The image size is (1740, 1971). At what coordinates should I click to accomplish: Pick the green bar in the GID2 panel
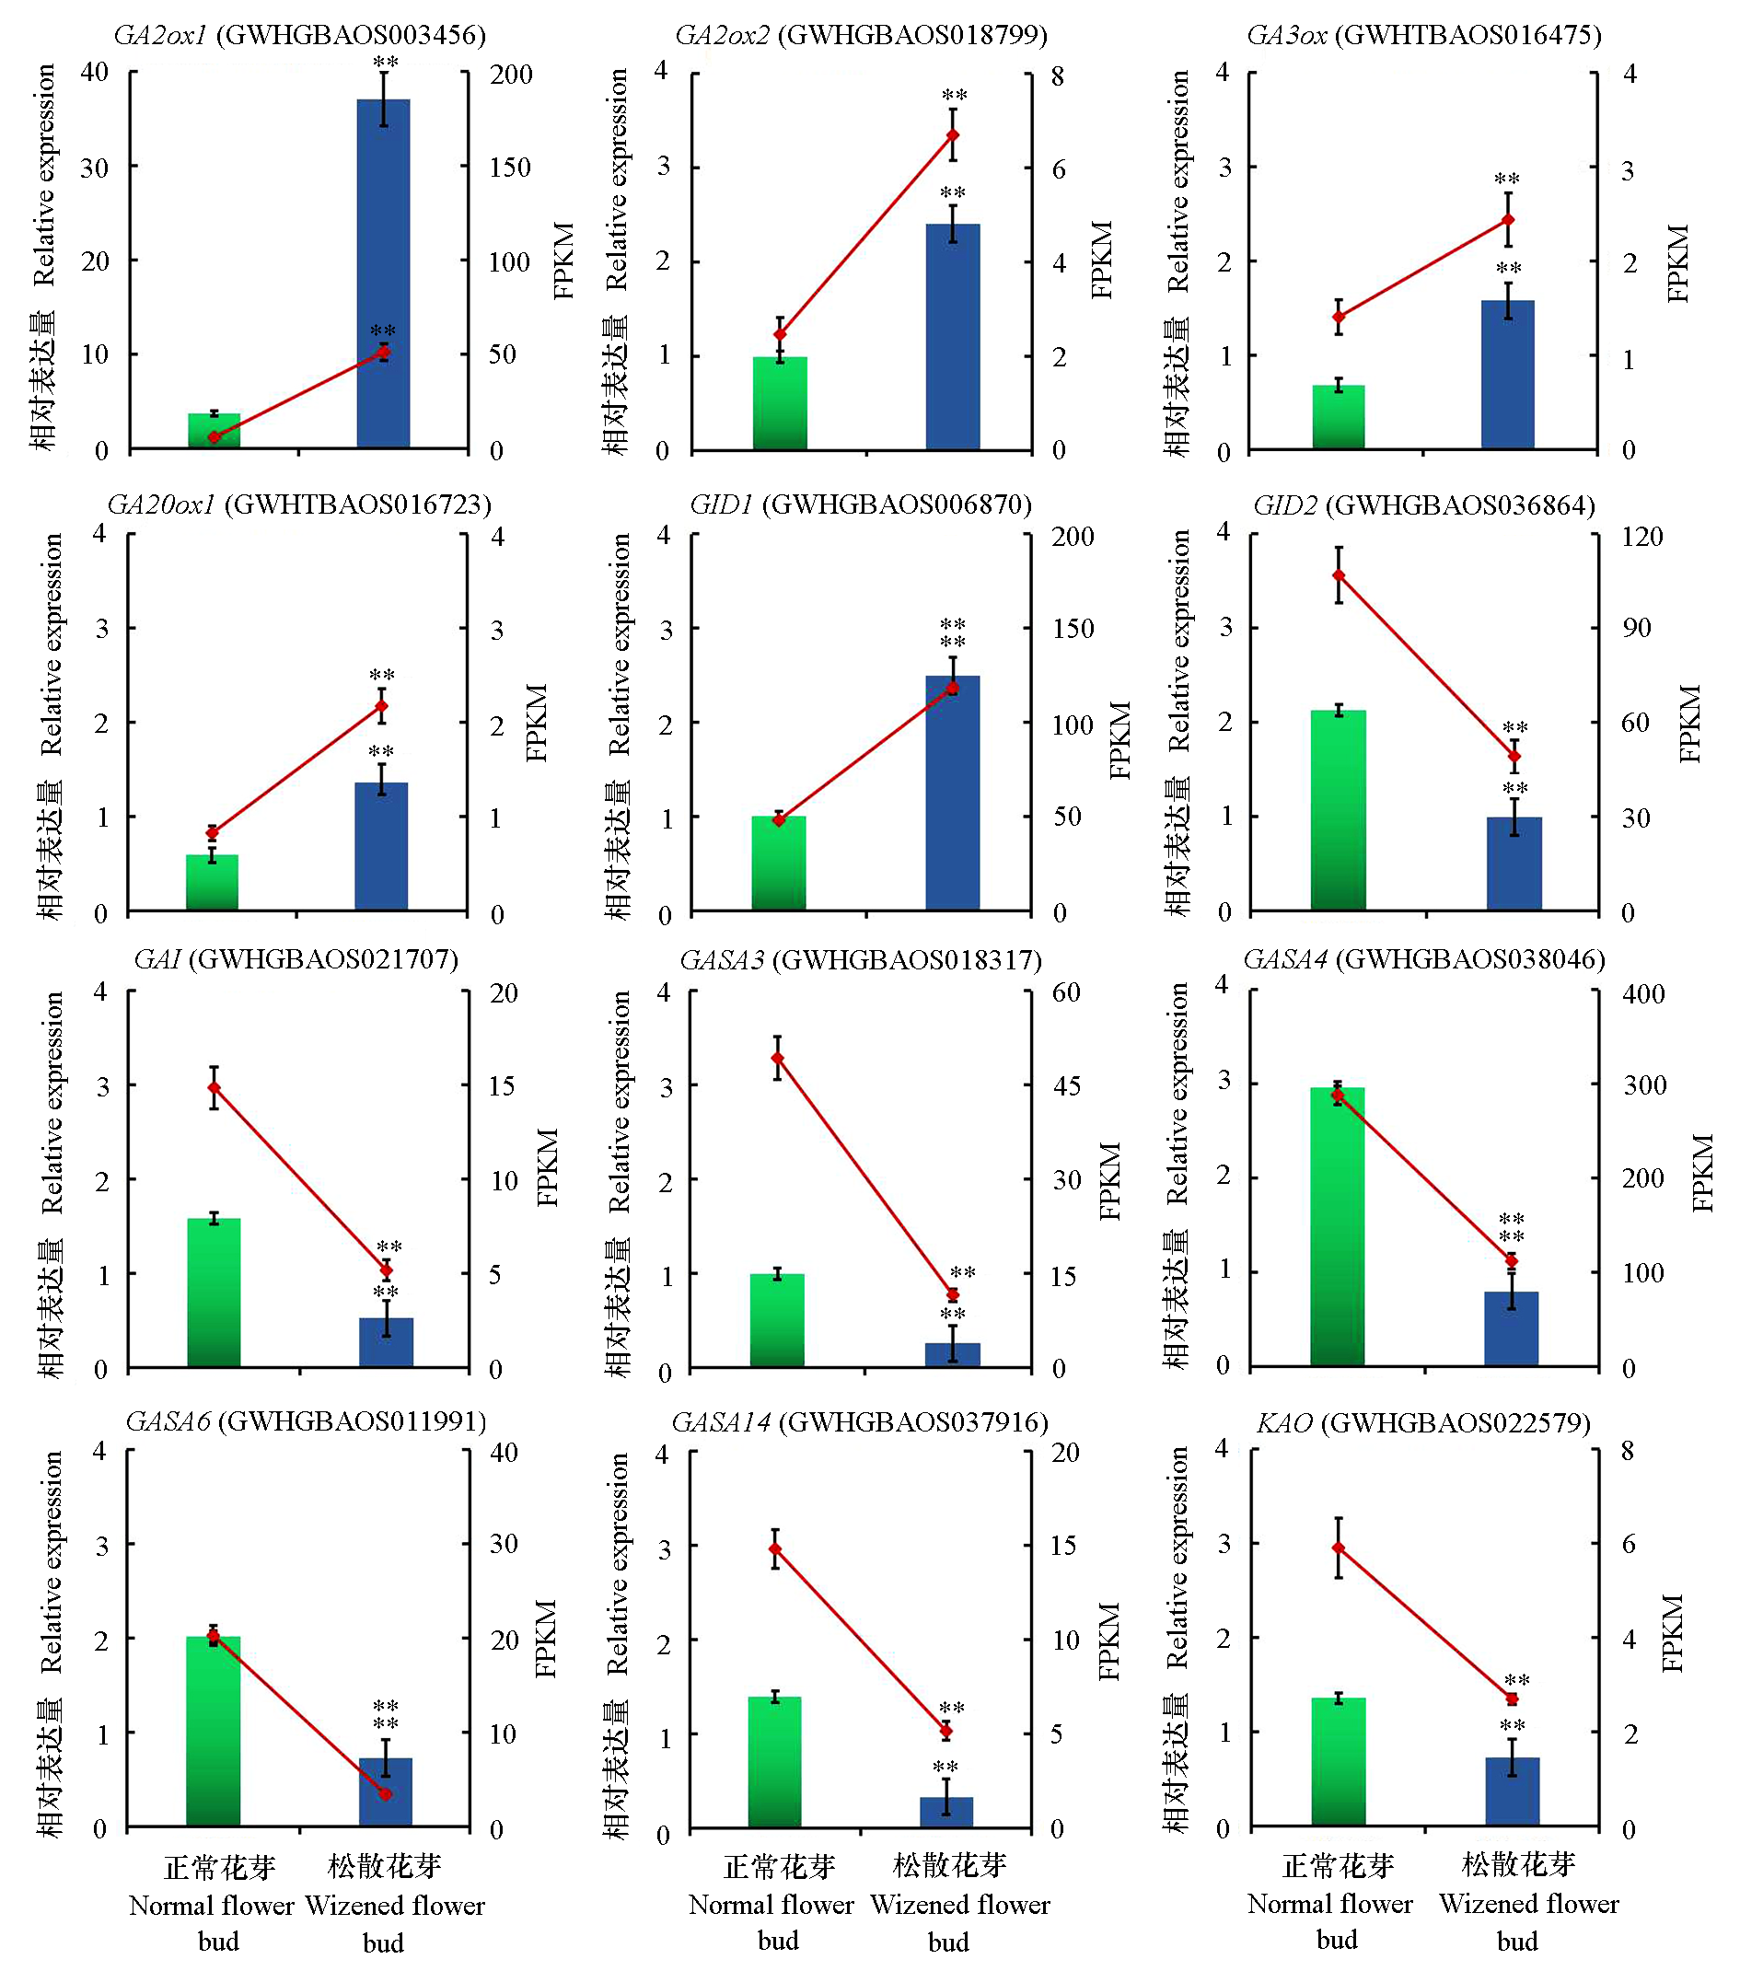point(1338,810)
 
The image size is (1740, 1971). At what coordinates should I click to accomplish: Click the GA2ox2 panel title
point(861,36)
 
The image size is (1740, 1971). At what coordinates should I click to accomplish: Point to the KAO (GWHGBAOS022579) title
point(1422,1422)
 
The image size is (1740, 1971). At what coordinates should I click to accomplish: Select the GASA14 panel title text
point(859,1422)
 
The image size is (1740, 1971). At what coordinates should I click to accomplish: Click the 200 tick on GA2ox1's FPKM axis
point(510,75)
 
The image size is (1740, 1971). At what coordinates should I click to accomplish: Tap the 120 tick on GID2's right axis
point(1641,536)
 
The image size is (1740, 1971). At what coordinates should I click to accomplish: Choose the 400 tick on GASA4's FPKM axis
point(1643,993)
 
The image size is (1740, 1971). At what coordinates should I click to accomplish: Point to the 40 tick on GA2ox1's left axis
point(95,73)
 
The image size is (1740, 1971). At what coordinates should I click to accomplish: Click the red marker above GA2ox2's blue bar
point(953,135)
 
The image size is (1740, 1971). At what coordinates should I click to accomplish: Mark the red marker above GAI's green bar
point(215,1088)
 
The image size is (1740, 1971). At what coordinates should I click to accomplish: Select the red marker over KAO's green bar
point(1338,1548)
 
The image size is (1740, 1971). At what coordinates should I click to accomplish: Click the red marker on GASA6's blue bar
point(386,1793)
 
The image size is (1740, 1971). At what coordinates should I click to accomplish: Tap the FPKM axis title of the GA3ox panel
point(1679,263)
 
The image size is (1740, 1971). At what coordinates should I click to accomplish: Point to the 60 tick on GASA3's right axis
point(1066,992)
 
